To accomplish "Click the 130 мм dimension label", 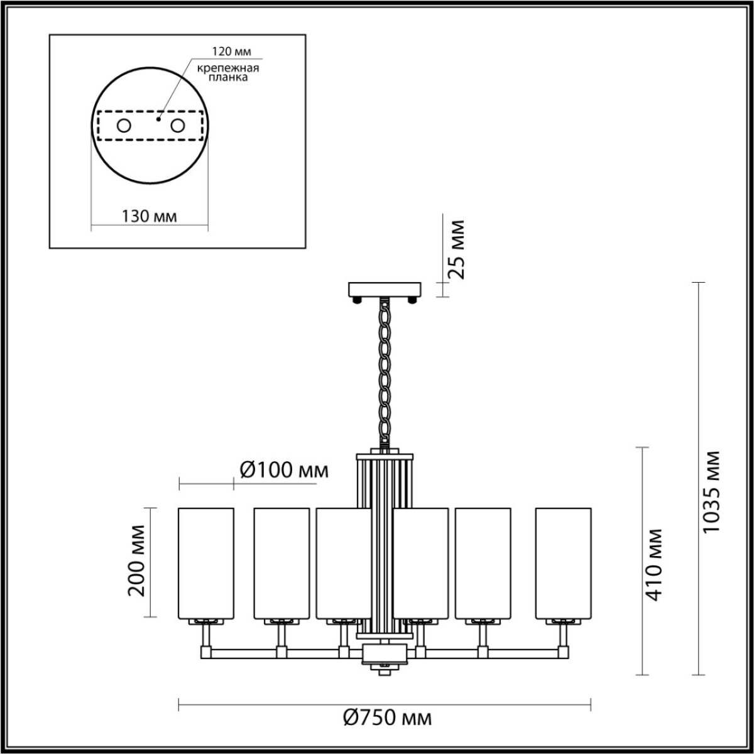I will point(149,216).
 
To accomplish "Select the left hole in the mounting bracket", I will point(124,126).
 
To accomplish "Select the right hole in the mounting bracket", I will point(178,126).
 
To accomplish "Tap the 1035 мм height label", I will point(711,491).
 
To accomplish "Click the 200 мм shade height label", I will point(136,561).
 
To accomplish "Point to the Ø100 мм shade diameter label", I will point(283,469).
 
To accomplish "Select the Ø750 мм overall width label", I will point(388,717).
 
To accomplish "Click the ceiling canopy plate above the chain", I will point(385,290).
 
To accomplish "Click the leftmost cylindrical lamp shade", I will point(206,562).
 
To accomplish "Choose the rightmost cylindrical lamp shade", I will point(563,562).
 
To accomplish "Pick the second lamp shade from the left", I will point(281,562).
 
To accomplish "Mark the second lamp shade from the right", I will point(483,562).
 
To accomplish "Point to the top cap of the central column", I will point(385,454).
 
